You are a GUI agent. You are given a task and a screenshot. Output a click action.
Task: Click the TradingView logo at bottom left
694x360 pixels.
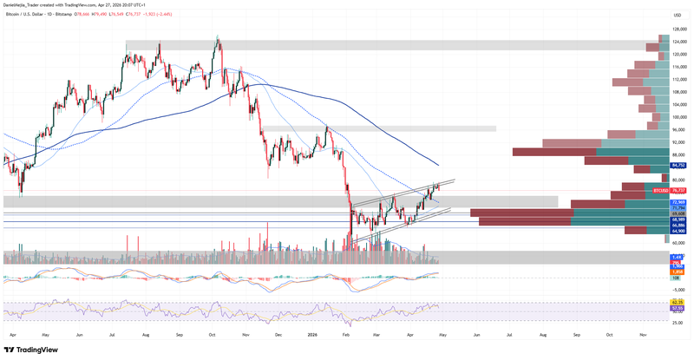click(32, 350)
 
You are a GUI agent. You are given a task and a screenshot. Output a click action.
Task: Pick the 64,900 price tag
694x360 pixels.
click(679, 232)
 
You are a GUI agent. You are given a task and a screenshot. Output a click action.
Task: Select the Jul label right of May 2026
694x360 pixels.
click(509, 334)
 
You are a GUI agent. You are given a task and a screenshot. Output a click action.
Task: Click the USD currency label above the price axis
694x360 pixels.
click(677, 16)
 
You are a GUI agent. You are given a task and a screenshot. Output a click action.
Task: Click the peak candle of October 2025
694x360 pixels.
click(217, 37)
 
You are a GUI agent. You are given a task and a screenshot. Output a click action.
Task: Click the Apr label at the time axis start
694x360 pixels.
click(11, 334)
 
